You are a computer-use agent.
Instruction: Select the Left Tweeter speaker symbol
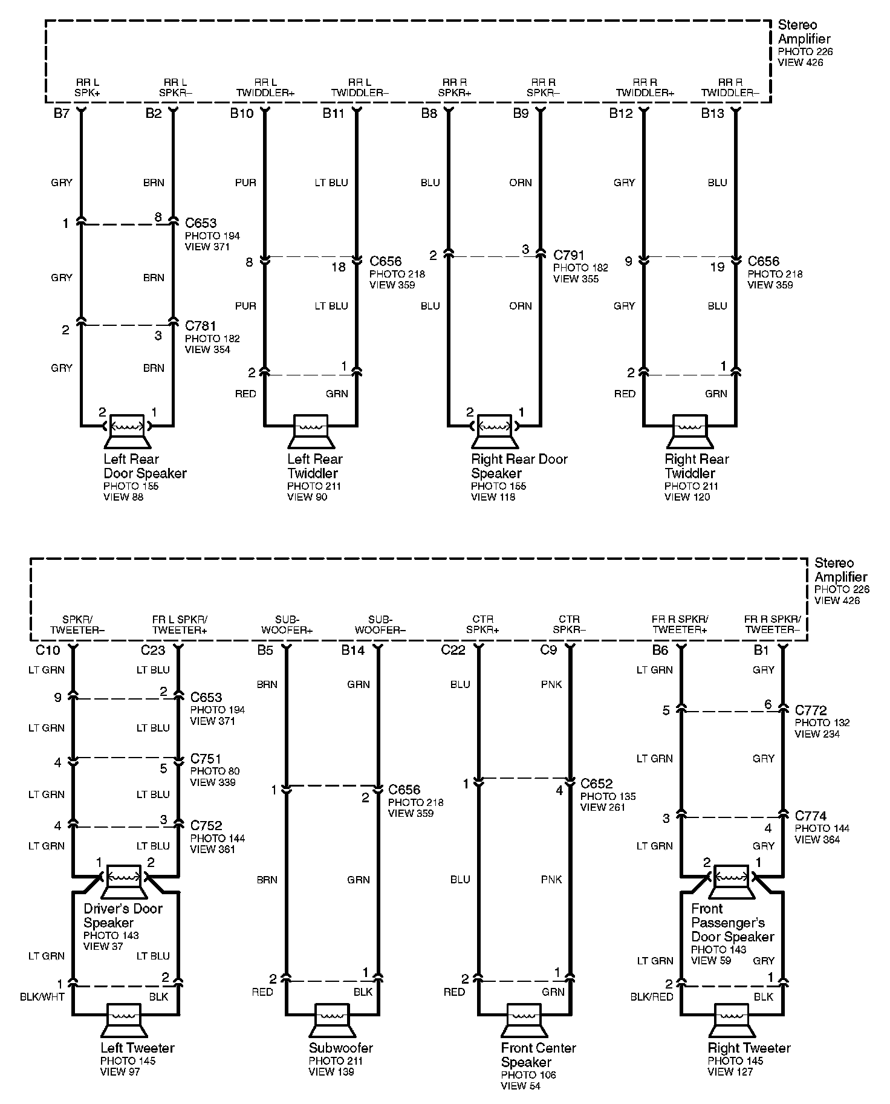(124, 1021)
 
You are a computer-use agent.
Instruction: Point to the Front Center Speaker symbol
(524, 1021)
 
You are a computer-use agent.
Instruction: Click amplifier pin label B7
(62, 114)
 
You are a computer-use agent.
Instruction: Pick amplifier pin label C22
(453, 650)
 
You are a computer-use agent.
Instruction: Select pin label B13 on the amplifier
(713, 114)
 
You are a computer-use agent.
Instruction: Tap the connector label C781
(201, 326)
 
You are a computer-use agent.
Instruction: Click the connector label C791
(569, 256)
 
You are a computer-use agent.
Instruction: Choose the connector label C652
(596, 784)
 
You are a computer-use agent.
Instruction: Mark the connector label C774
(811, 816)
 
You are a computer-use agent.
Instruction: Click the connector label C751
(206, 758)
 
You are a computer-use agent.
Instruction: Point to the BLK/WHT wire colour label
(43, 996)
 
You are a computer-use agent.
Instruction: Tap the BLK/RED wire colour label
(651, 996)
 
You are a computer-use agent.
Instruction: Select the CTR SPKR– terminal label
(569, 625)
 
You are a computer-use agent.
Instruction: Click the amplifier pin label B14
(353, 650)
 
